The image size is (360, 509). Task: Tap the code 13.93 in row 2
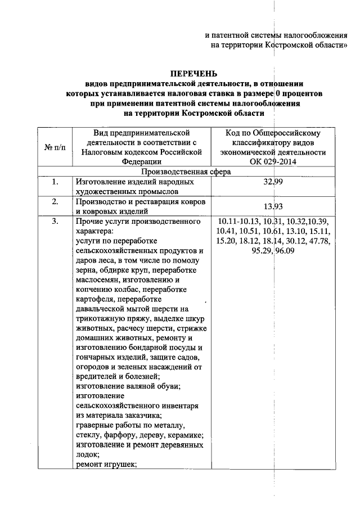(x=273, y=206)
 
